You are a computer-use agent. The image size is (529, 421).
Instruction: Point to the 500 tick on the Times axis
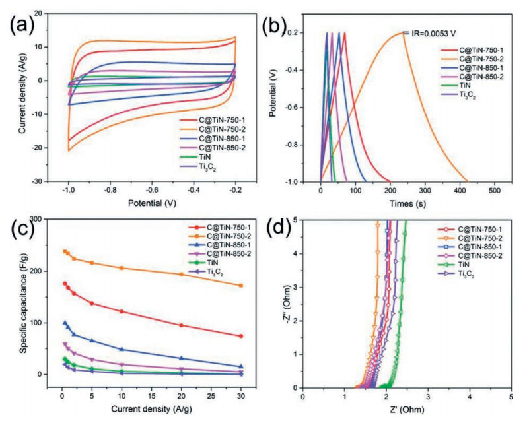pyautogui.click(x=494, y=191)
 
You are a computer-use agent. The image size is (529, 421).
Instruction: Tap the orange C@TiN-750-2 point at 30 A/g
pyautogui.click(x=241, y=286)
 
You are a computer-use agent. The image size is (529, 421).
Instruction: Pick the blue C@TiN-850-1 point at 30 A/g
pyautogui.click(x=241, y=366)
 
